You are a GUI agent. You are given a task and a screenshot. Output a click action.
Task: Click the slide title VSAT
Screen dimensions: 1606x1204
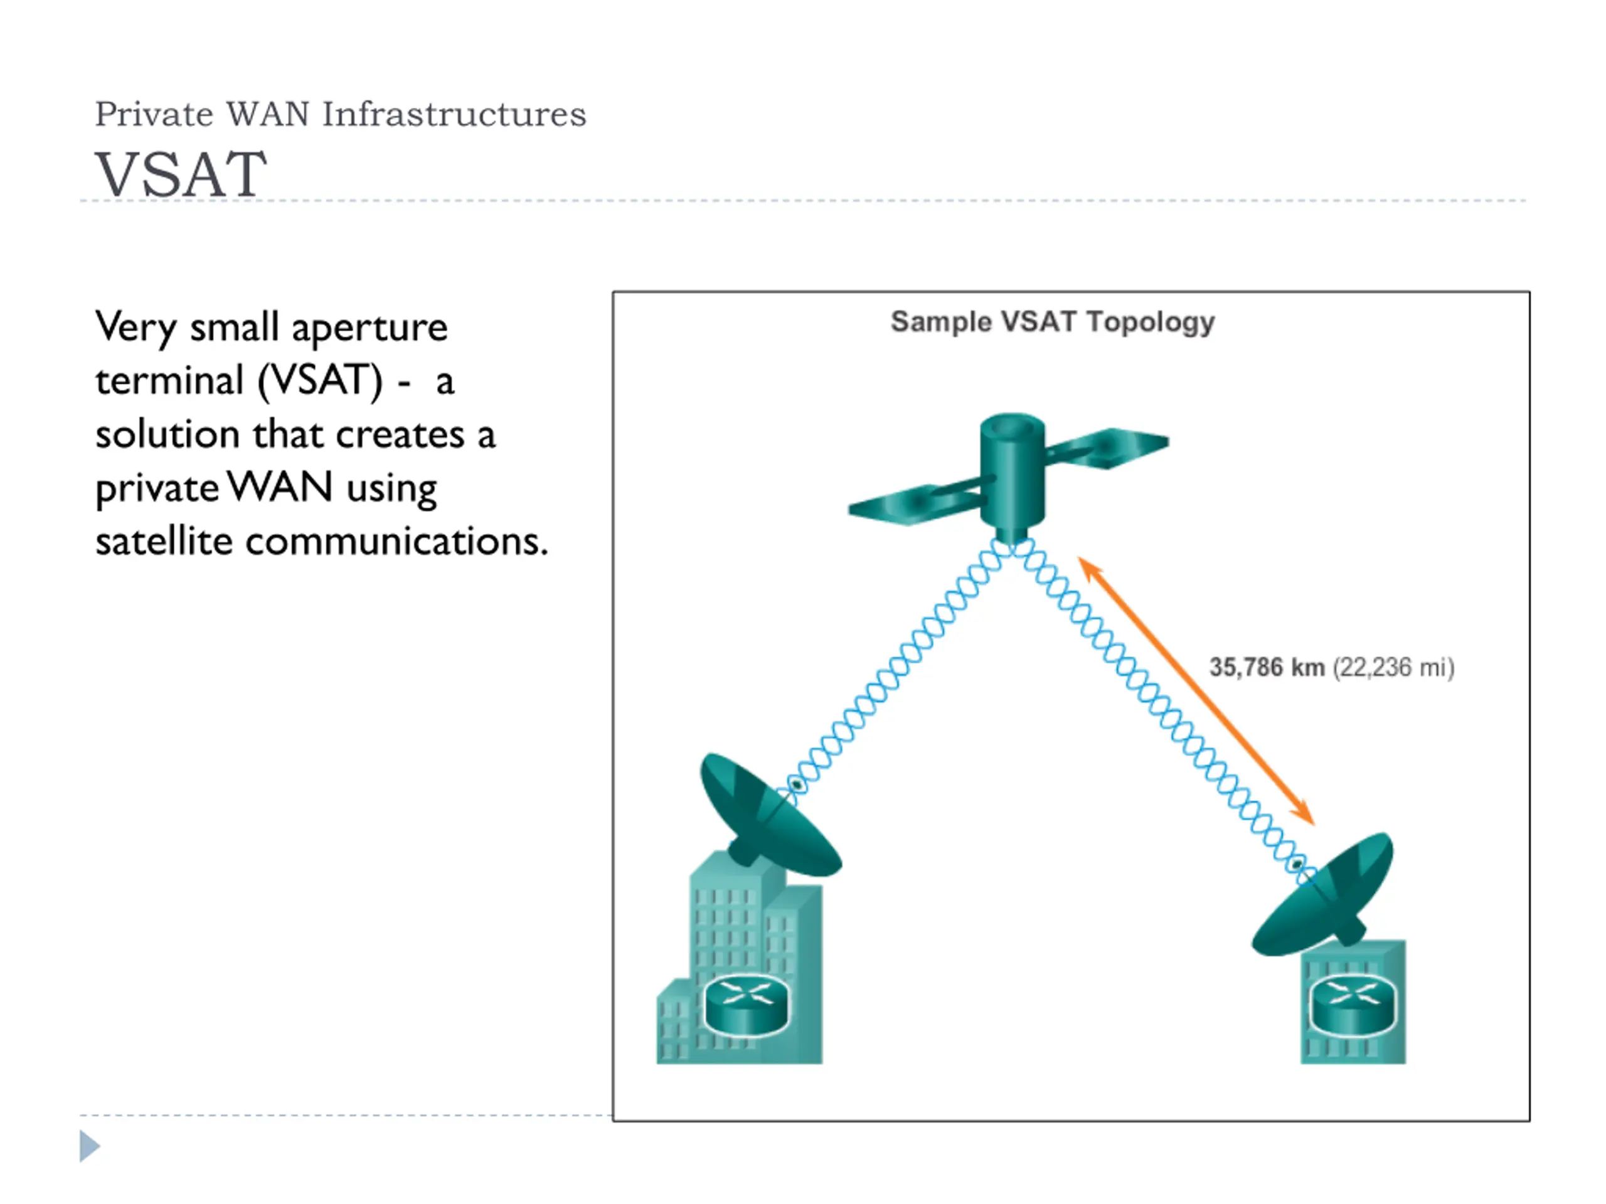tap(181, 174)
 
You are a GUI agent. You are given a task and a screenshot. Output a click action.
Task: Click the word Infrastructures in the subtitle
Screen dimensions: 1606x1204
tap(454, 114)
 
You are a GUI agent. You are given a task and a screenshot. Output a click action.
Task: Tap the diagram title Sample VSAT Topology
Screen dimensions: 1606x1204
tap(1052, 322)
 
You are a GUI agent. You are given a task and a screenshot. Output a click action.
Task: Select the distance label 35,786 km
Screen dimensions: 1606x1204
tap(1267, 667)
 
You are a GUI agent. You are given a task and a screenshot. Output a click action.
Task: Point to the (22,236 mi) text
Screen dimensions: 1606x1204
tap(1393, 668)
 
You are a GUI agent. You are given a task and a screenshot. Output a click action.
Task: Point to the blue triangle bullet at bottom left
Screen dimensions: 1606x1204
tap(89, 1146)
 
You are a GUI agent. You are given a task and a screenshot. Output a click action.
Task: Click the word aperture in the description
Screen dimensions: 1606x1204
tap(370, 329)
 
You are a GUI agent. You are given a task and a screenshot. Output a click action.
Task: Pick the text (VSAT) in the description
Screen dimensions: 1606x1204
tap(320, 380)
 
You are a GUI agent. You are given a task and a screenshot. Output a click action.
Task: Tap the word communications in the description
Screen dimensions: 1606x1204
tap(396, 541)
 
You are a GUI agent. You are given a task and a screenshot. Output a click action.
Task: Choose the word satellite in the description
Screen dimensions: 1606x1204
tap(164, 541)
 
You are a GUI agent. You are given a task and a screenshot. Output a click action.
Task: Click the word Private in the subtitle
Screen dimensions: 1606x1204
tap(154, 114)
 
